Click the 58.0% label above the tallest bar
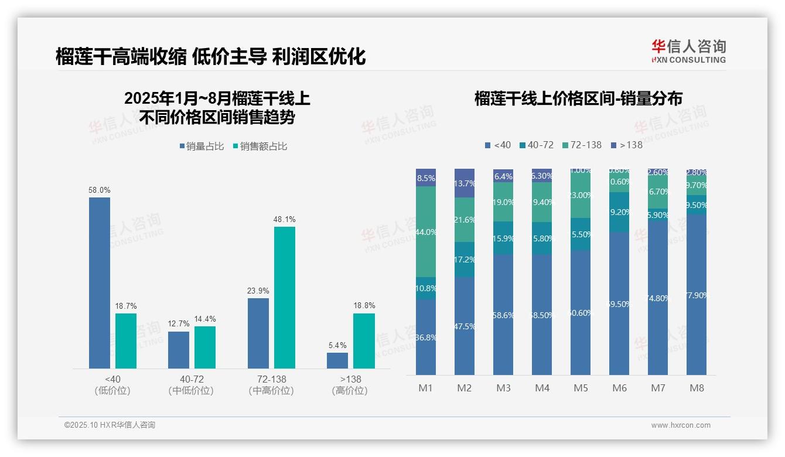pyautogui.click(x=100, y=190)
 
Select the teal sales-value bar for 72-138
pyautogui.click(x=285, y=298)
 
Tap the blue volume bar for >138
pyautogui.click(x=337, y=360)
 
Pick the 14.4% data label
pyautogui.click(x=205, y=319)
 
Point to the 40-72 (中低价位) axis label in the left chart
pyautogui.click(x=191, y=385)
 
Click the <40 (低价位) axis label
pyautogui.click(x=112, y=385)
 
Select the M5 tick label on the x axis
pyautogui.click(x=581, y=388)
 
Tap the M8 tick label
pyautogui.click(x=697, y=388)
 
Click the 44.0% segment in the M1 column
pyautogui.click(x=426, y=232)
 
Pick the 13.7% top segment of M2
pyautogui.click(x=465, y=183)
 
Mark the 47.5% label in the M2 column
pyautogui.click(x=465, y=326)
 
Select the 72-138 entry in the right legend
pyautogui.click(x=582, y=145)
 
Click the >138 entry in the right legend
pyautogui.click(x=627, y=145)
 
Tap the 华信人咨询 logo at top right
pyautogui.click(x=689, y=51)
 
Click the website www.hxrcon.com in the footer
pyautogui.click(x=681, y=425)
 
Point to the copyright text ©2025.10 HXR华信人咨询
pyautogui.click(x=110, y=425)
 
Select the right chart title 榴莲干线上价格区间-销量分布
pyautogui.click(x=578, y=98)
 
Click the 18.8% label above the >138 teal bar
pyautogui.click(x=364, y=306)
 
